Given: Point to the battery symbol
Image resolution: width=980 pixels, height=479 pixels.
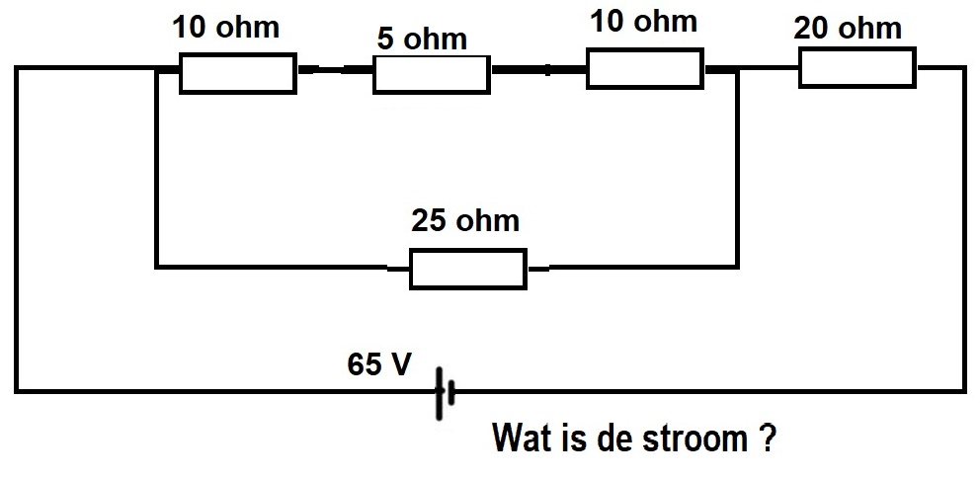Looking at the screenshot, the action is pos(444,393).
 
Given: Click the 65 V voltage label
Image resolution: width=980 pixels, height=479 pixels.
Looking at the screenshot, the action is pos(379,364).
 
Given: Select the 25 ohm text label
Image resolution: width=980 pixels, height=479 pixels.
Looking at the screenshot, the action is pos(465,220).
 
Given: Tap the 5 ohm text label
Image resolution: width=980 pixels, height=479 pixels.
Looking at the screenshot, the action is pos(422,39).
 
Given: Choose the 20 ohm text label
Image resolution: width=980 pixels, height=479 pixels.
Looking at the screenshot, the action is pos(848,28).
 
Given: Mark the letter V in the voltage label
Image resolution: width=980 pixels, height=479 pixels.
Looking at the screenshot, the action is pos(400,364).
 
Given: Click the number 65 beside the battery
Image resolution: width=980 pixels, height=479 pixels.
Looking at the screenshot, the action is pos(364,364).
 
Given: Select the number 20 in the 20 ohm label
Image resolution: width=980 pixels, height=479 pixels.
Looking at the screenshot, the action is pos(811,28).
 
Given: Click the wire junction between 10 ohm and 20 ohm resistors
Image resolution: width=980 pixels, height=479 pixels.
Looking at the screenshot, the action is pos(738,69).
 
